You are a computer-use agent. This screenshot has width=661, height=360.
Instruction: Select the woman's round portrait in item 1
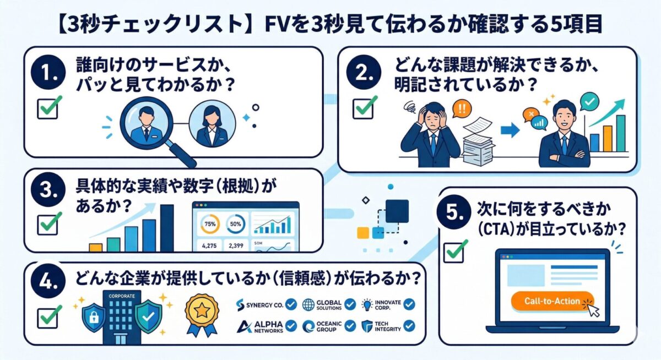click(x=208, y=126)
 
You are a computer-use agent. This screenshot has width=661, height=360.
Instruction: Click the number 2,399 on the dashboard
click(x=236, y=246)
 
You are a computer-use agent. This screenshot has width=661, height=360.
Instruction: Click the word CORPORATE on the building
click(x=117, y=296)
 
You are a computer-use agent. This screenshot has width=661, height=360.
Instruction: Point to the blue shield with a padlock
click(x=93, y=318)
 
